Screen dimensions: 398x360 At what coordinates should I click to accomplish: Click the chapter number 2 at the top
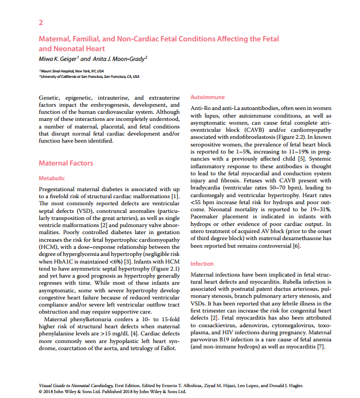[41, 22]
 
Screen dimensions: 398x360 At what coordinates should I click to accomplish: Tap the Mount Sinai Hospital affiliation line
[71, 71]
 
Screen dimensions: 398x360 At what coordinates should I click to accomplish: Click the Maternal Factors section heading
[66, 163]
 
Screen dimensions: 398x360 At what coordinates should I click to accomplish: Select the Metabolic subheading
[52, 178]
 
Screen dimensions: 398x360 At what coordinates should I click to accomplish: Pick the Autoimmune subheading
[206, 97]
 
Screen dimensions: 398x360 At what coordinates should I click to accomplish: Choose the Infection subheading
[202, 264]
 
